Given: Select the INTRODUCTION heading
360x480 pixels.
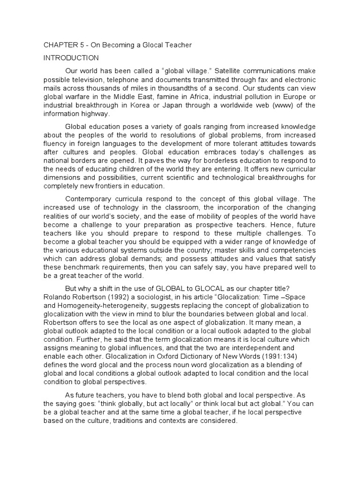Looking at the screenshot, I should (x=71, y=58).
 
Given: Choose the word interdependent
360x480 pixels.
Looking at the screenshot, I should (x=268, y=347).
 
